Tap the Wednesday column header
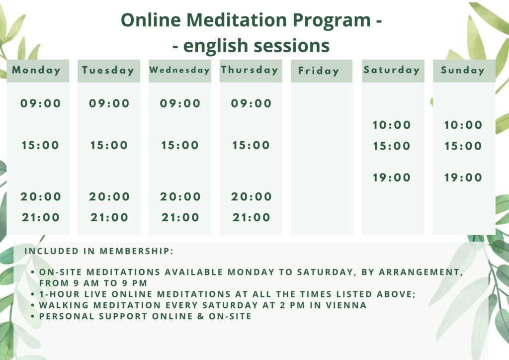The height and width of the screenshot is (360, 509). tap(179, 70)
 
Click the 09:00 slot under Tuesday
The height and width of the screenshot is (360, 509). tap(109, 103)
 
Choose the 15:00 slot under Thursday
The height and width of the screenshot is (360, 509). tap(251, 145)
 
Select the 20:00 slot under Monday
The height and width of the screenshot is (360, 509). tap(41, 196)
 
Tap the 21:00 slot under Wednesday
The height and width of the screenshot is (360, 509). tap(180, 217)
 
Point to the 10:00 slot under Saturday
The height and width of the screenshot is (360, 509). tap(392, 125)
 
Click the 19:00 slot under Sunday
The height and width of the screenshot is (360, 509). tap(463, 177)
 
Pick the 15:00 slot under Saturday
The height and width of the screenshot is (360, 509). tap(392, 146)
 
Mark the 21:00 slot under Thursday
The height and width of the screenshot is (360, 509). tap(251, 217)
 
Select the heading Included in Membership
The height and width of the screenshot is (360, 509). tap(99, 251)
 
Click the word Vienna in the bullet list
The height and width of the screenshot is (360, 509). tap(346, 305)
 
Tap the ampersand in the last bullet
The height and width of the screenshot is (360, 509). tap(201, 316)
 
